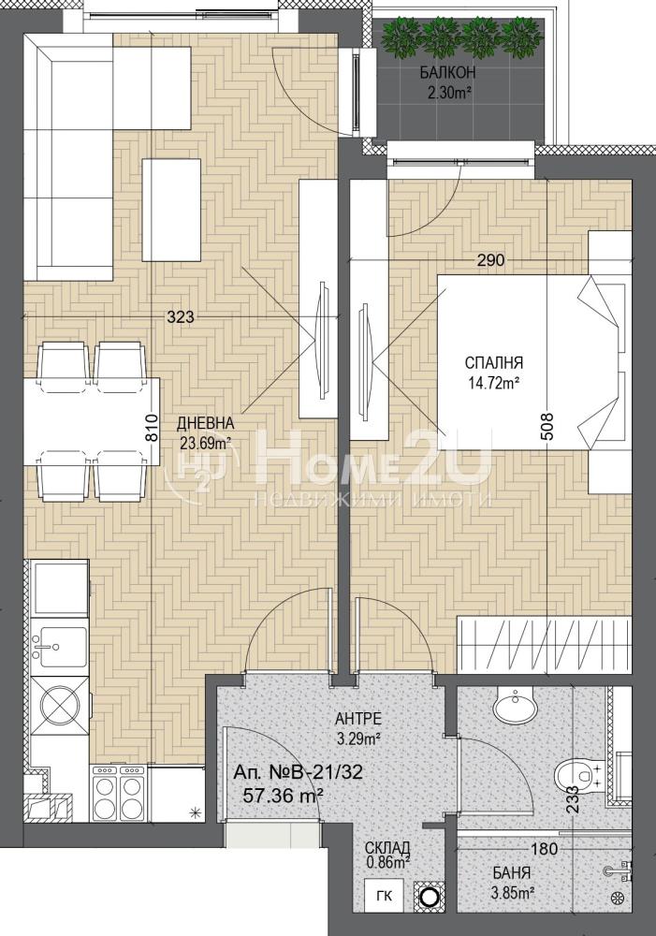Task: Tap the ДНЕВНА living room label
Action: tap(205, 423)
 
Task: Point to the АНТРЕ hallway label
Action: tap(358, 718)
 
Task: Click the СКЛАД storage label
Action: tap(387, 848)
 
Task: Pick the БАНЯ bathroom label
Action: tap(512, 872)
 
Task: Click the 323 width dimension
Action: tap(181, 317)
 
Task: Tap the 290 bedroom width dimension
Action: tap(490, 260)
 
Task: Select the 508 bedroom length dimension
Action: tap(548, 427)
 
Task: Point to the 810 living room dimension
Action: tap(152, 428)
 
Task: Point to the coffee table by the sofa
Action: tap(171, 209)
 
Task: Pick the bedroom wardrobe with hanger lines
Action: tap(544, 645)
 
